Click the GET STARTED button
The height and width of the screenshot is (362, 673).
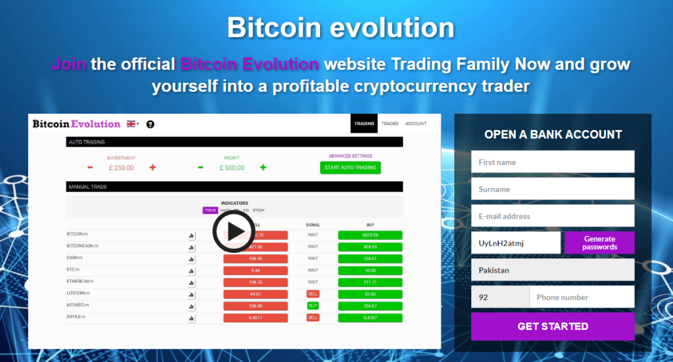pyautogui.click(x=552, y=327)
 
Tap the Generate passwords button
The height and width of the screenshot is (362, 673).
pyautogui.click(x=599, y=243)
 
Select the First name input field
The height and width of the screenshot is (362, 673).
pyautogui.click(x=552, y=162)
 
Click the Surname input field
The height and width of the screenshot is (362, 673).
pyautogui.click(x=552, y=189)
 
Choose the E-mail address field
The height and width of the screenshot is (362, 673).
pyautogui.click(x=552, y=216)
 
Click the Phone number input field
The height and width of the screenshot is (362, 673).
pyautogui.click(x=581, y=297)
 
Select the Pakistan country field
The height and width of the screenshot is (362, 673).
pyautogui.click(x=552, y=270)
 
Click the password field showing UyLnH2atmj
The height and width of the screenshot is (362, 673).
pyautogui.click(x=515, y=243)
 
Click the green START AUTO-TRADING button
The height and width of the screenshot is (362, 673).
pyautogui.click(x=350, y=168)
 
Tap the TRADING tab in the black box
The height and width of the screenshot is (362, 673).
pyautogui.click(x=364, y=124)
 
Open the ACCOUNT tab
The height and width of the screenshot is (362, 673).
pyautogui.click(x=415, y=124)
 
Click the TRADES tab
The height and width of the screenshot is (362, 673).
pyautogui.click(x=390, y=124)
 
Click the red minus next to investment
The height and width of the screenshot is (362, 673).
pyautogui.click(x=90, y=168)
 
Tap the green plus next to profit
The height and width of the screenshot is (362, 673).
pyautogui.click(x=263, y=168)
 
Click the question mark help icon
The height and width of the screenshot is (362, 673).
pyautogui.click(x=150, y=124)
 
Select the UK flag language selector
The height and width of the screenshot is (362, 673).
pyautogui.click(x=133, y=124)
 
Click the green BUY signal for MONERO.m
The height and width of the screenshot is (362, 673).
pyautogui.click(x=313, y=306)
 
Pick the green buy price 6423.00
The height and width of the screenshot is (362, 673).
pyautogui.click(x=370, y=235)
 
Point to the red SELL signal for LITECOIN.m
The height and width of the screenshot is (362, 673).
pyautogui.click(x=313, y=294)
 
